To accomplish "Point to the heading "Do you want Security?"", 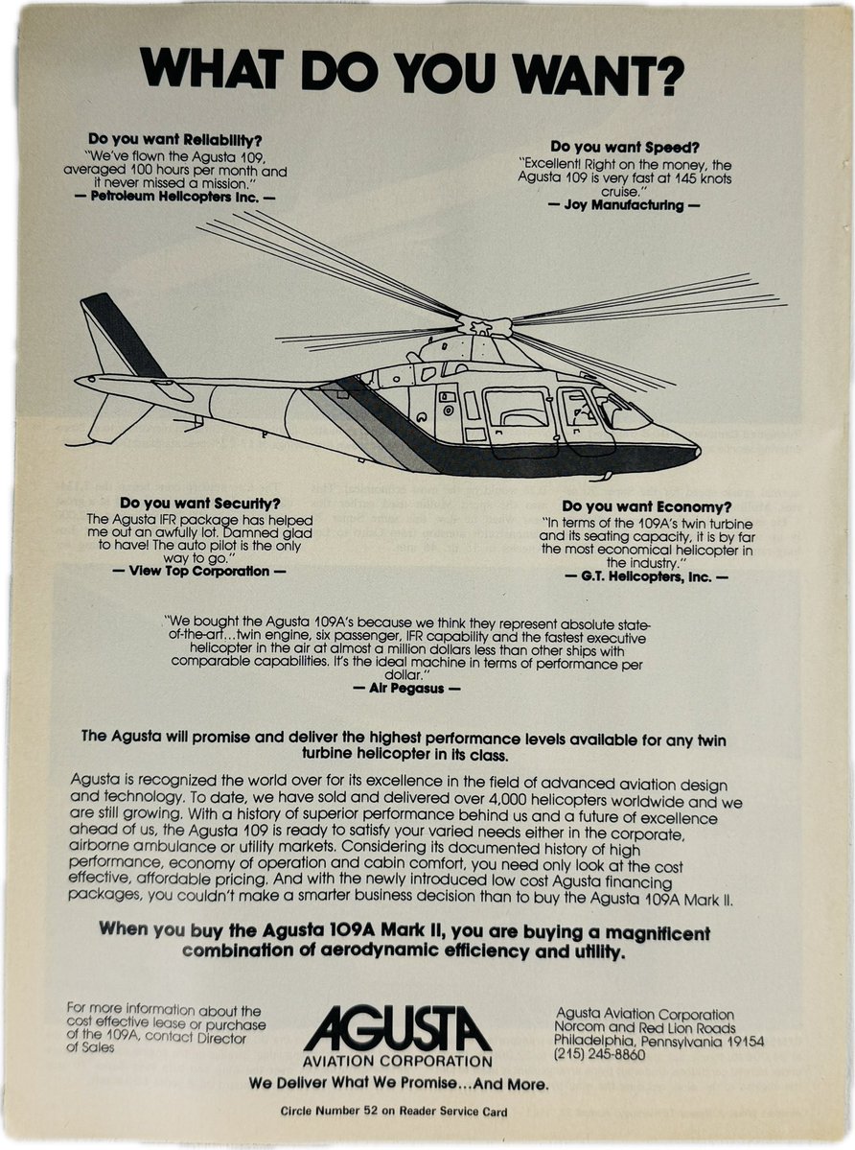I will click(x=200, y=503).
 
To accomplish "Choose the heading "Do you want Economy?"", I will click(x=647, y=505).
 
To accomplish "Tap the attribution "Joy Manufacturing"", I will click(x=623, y=205).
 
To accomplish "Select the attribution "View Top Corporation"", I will click(x=198, y=571).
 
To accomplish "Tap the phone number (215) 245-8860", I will click(x=600, y=1054).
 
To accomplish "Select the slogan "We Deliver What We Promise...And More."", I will click(x=398, y=1084).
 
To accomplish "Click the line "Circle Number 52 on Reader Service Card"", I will click(x=393, y=1112).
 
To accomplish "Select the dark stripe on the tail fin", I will click(x=123, y=336).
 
